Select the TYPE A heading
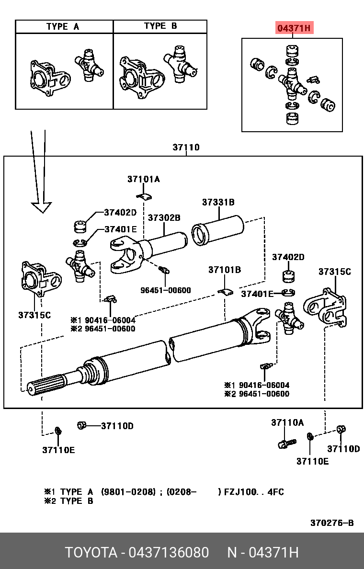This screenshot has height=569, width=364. click(63, 26)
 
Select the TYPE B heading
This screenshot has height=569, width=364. click(160, 26)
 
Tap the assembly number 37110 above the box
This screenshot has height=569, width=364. click(186, 148)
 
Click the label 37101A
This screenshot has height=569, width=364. click(143, 179)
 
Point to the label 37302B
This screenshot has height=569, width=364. click(164, 217)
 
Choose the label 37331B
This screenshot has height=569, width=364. click(218, 202)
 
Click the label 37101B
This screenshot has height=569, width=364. click(224, 270)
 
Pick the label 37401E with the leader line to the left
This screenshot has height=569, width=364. click(120, 229)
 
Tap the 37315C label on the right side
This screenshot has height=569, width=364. click(334, 272)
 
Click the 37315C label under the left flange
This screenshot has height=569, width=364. click(34, 315)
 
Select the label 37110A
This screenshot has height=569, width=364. click(287, 422)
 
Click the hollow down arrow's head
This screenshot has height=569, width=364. click(41, 207)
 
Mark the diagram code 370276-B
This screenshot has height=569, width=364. click(332, 523)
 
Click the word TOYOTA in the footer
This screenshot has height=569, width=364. click(91, 553)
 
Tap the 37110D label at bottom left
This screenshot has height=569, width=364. click(117, 426)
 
